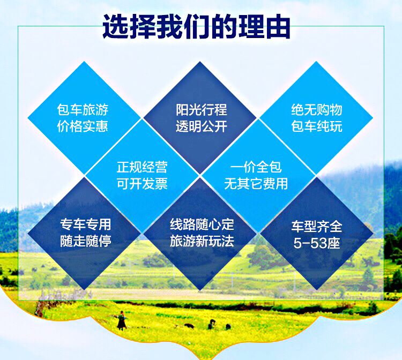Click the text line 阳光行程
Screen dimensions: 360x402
(x=201, y=110)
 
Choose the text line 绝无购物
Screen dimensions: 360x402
(x=316, y=110)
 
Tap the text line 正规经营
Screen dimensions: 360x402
(x=142, y=167)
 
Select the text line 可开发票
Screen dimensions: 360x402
(x=142, y=184)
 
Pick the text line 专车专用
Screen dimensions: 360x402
(x=86, y=224)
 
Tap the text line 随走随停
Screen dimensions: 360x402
(x=86, y=241)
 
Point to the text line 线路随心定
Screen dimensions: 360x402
(x=202, y=223)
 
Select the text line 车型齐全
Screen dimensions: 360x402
(x=317, y=226)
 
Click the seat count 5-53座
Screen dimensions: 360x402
(x=317, y=243)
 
